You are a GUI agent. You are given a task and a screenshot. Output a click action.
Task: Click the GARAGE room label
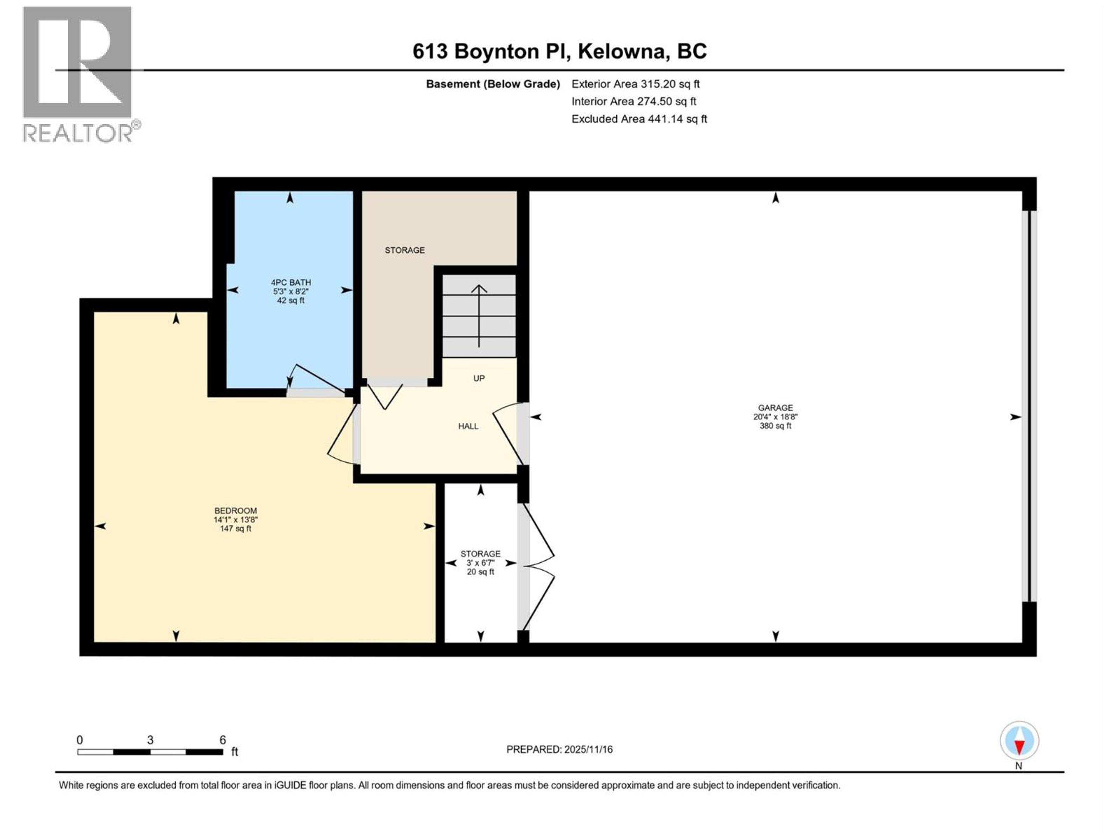(x=775, y=407)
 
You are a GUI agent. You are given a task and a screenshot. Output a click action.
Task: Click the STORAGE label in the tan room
(x=405, y=250)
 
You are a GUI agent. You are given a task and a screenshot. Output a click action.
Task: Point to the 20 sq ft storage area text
(x=480, y=572)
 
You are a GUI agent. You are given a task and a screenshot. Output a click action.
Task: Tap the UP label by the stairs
(x=479, y=378)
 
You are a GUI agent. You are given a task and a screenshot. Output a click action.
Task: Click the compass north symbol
(x=1019, y=741)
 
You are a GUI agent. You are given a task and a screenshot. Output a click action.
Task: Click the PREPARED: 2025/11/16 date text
(x=559, y=749)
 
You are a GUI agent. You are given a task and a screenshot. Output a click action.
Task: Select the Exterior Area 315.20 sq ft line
(x=636, y=84)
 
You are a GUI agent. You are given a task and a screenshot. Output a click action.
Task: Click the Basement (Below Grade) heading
(x=493, y=84)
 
